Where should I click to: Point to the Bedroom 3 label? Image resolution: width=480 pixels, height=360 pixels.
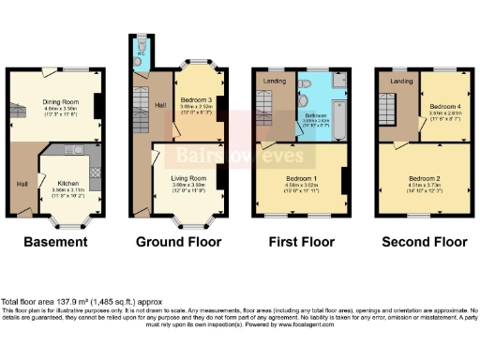click(196, 98)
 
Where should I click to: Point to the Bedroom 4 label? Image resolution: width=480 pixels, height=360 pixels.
click(441, 106)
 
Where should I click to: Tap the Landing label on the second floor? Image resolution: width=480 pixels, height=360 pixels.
click(401, 82)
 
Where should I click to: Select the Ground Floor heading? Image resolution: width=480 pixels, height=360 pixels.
click(179, 242)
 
